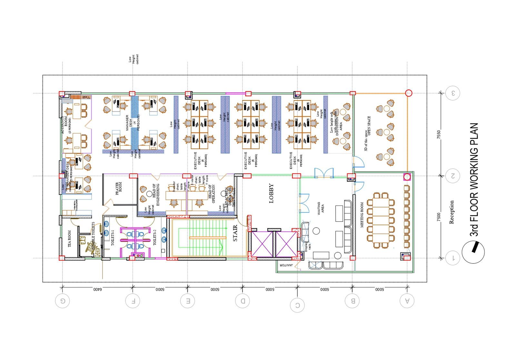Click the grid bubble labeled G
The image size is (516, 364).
[x=62, y=301]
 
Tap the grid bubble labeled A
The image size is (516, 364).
[x=407, y=301]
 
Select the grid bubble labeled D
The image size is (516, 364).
[x=243, y=301]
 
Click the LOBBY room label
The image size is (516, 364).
[x=271, y=193]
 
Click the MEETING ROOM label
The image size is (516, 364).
[x=362, y=215]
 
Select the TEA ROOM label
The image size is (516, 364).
[x=69, y=239]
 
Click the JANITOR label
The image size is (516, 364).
[x=286, y=265]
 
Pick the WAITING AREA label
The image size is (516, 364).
[x=321, y=208]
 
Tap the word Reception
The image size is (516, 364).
[x=451, y=212]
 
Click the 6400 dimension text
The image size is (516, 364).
[x=97, y=289]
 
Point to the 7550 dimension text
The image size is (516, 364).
[x=439, y=134]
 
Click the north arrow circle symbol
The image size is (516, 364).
[x=473, y=252]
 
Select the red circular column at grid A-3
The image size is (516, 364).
[x=408, y=93]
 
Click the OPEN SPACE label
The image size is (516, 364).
[x=369, y=126]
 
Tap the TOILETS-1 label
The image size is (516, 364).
[x=113, y=238]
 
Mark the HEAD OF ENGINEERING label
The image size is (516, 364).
[x=156, y=195]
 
